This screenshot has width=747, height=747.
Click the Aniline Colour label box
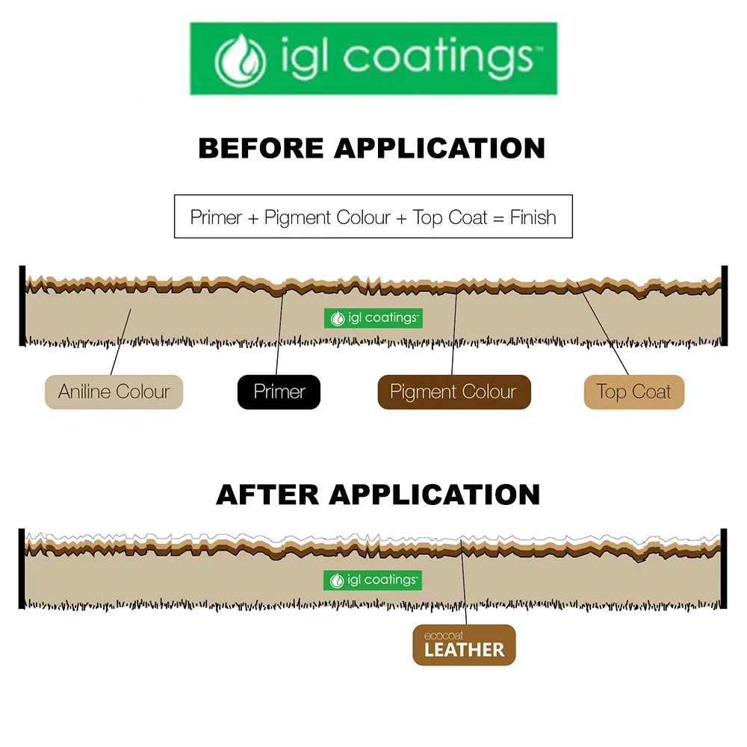tap(114, 392)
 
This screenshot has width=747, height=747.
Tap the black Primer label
tap(279, 392)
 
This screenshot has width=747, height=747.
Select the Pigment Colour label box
tap(453, 392)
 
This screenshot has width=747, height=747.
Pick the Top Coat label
tap(633, 392)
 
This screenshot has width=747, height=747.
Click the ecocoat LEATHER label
tap(464, 645)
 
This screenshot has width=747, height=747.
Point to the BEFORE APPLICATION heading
tap(371, 148)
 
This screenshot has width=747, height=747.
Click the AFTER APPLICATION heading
tap(378, 495)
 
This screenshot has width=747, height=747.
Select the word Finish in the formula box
tap(533, 217)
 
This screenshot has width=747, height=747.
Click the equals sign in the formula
tap(500, 218)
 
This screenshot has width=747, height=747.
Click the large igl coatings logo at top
tap(373, 58)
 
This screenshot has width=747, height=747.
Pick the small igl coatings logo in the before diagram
tap(373, 318)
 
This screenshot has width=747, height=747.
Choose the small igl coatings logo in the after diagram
tap(373, 580)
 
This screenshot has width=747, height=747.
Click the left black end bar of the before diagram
tap(22, 306)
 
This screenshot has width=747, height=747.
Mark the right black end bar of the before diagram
tap(724, 306)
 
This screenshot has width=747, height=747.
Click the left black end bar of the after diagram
tap(22, 568)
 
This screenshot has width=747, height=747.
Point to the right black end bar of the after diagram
tap(724, 568)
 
